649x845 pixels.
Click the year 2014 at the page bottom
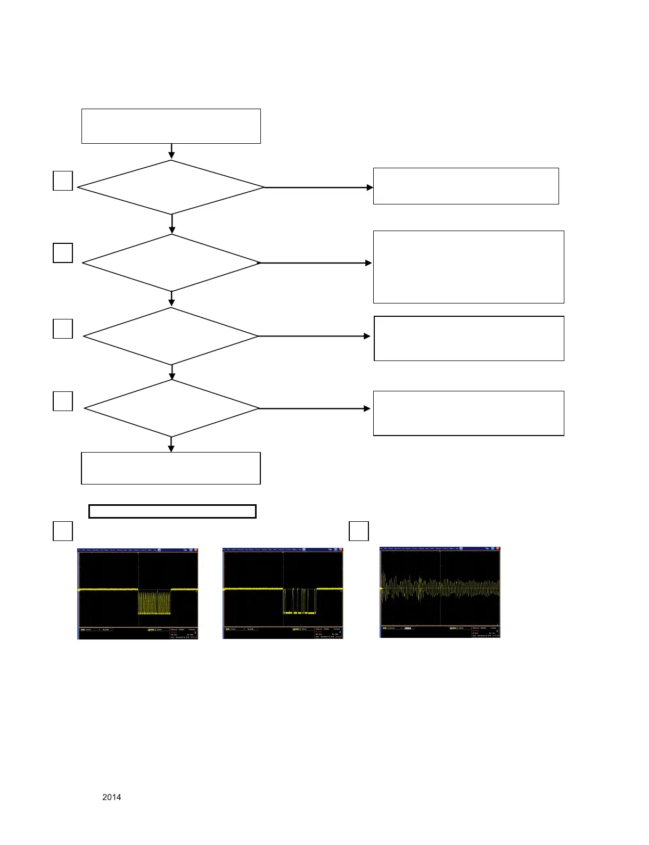tap(111, 797)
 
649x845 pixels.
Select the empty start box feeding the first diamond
tap(171, 126)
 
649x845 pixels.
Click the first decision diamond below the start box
tap(171, 187)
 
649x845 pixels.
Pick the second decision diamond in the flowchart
tap(171, 263)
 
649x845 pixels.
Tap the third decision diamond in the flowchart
tap(171, 336)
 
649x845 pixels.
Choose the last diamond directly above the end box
tap(171, 408)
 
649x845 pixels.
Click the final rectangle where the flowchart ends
tap(171, 468)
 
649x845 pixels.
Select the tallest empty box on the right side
tap(469, 267)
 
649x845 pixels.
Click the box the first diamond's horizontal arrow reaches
tap(466, 186)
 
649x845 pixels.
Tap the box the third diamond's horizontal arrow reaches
tap(469, 339)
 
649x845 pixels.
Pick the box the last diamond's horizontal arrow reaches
tap(469, 413)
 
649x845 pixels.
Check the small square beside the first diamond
tap(63, 181)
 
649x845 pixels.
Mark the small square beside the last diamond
tap(63, 401)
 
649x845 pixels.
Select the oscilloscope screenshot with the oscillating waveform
tap(440, 592)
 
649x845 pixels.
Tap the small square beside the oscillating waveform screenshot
tap(359, 531)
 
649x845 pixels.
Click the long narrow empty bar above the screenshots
tap(172, 511)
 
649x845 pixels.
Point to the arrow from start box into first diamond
tap(171, 152)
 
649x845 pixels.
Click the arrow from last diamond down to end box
tap(171, 445)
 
